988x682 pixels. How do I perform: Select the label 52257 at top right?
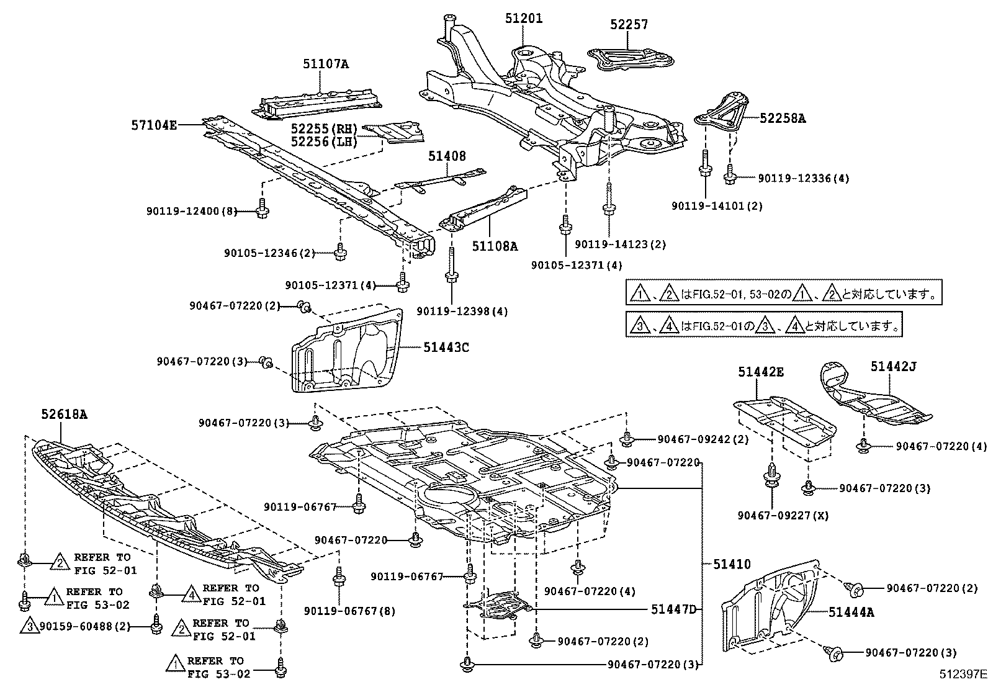click(629, 24)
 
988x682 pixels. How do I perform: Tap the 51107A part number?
click(325, 63)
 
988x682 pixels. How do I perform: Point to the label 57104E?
click(153, 125)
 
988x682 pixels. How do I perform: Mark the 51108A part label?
click(494, 246)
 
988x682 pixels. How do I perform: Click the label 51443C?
click(446, 347)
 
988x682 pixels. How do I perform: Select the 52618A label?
click(65, 414)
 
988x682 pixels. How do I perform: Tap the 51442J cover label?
click(892, 366)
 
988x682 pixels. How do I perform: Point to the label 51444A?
click(851, 612)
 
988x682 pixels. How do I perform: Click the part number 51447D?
click(674, 609)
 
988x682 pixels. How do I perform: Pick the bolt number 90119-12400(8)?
click(192, 211)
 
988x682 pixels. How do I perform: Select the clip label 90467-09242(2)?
click(703, 439)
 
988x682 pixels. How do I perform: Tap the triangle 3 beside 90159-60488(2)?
click(29, 626)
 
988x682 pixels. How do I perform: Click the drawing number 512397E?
click(961, 673)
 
